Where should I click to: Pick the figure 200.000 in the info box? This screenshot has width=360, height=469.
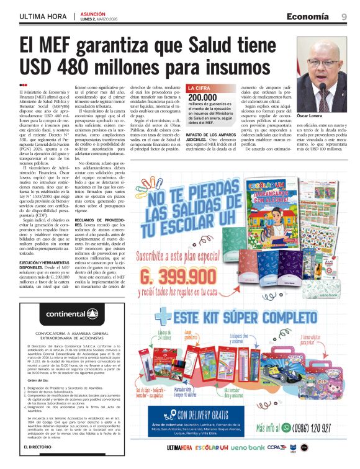point(202,97)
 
